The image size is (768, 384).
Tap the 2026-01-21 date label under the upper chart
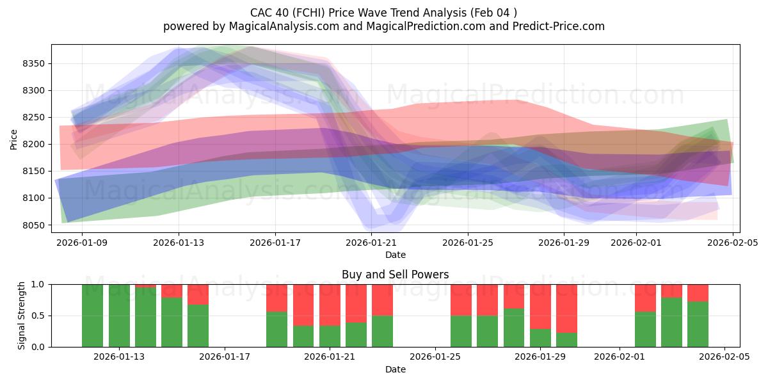(371, 243)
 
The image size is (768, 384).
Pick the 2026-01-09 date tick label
(82, 243)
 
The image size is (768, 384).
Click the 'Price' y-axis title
(13, 138)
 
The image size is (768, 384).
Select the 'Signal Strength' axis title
(21, 316)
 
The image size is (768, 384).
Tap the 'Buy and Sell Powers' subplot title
(395, 275)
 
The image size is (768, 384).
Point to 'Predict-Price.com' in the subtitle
(557, 26)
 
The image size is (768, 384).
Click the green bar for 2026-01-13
(119, 316)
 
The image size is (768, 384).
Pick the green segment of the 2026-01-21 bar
(330, 337)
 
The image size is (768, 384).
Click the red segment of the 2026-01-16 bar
(198, 294)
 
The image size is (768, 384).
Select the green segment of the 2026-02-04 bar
(698, 324)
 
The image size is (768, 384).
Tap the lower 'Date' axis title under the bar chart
(395, 369)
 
